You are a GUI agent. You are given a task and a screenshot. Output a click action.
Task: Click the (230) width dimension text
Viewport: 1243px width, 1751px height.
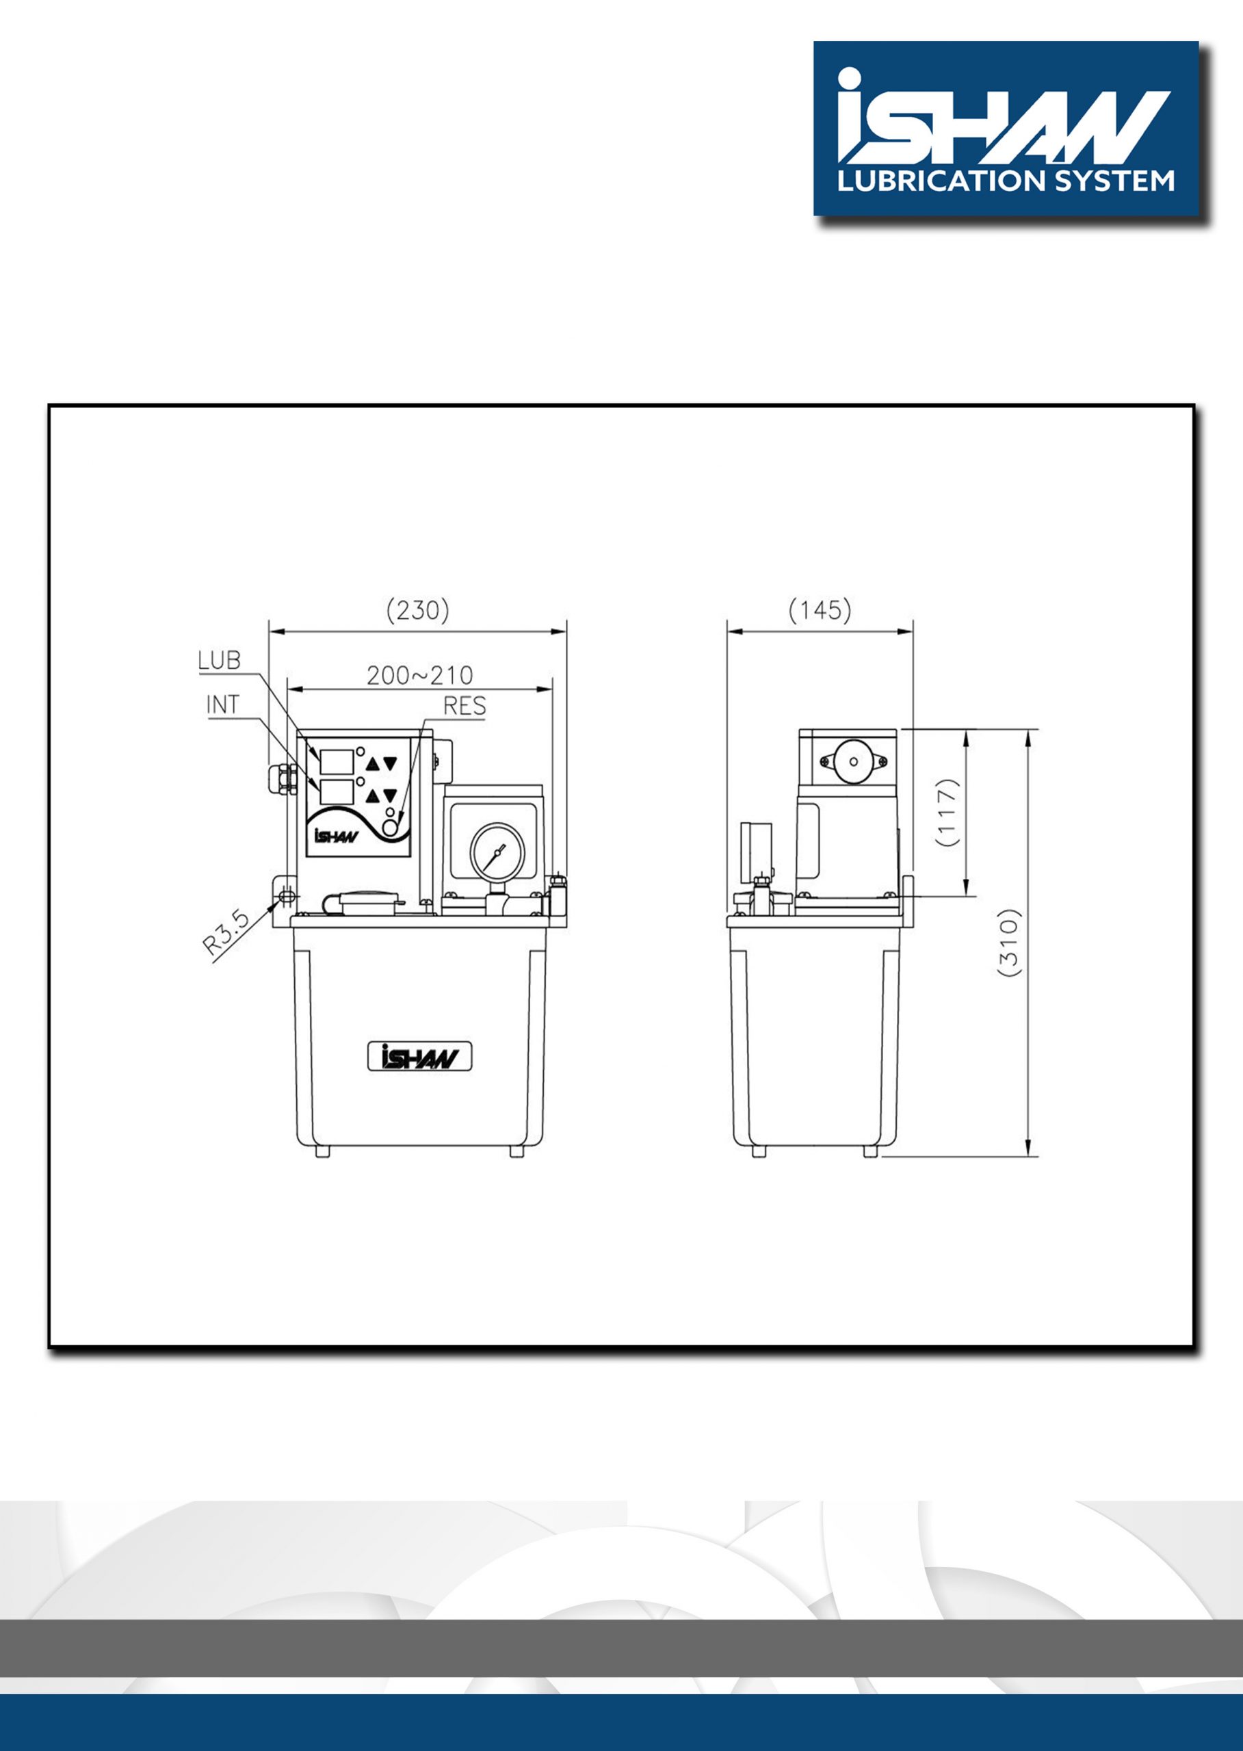417,611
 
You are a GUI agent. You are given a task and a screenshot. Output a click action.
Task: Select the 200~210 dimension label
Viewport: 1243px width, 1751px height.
419,676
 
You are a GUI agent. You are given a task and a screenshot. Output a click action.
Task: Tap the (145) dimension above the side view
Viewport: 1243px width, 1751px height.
820,611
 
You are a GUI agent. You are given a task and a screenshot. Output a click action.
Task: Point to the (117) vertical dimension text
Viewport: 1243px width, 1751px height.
948,812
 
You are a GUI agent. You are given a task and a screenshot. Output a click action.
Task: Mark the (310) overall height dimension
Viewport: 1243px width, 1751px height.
1010,943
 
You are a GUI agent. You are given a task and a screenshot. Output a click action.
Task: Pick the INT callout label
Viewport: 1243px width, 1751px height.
224,705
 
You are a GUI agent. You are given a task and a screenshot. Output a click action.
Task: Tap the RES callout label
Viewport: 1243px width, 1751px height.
465,706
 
